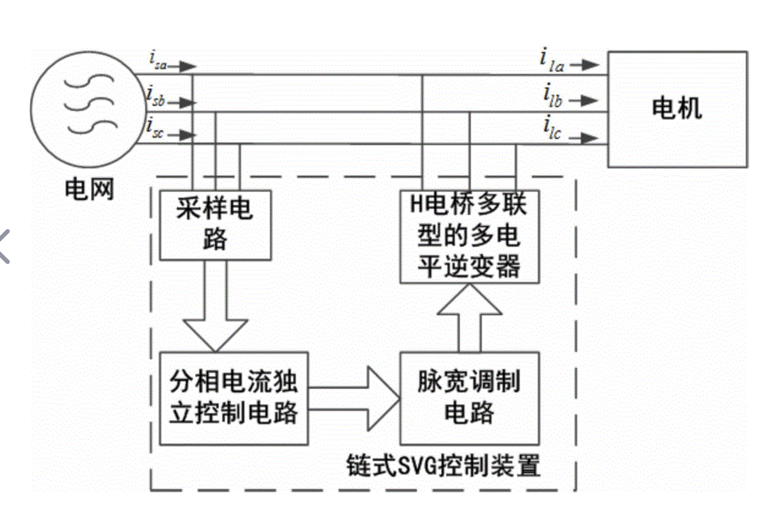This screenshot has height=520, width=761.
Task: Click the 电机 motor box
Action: coord(677,109)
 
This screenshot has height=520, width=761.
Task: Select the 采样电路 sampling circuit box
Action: coord(215,225)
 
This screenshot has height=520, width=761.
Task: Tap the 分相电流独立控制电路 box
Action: coord(233,398)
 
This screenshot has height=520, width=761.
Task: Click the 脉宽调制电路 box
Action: coord(469,398)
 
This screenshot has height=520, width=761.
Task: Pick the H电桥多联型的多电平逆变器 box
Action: coord(469,236)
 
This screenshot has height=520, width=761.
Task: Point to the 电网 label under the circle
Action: coord(89,190)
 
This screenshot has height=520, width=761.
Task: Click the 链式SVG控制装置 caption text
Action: coord(443,465)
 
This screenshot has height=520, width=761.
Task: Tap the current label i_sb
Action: coord(155,97)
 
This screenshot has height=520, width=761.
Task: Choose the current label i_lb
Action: coord(552,96)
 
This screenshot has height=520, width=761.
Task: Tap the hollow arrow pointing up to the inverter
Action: coord(469,317)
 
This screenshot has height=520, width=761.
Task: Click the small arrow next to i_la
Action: coord(585,65)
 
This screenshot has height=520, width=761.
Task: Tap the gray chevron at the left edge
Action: coord(4,246)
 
